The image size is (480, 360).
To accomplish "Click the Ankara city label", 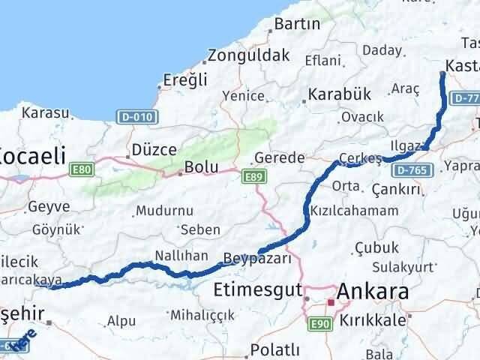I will [x=373, y=290].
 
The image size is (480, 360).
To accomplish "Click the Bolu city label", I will [x=202, y=166].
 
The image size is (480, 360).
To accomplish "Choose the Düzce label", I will [x=154, y=149].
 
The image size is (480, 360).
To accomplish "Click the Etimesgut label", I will [x=256, y=289].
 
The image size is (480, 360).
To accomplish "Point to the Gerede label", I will [x=279, y=158].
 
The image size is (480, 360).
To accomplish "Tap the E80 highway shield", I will [x=82, y=170].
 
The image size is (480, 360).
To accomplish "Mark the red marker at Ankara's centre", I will [x=330, y=302].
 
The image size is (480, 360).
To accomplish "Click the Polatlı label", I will [x=274, y=349].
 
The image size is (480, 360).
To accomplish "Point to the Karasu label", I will [x=45, y=112].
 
